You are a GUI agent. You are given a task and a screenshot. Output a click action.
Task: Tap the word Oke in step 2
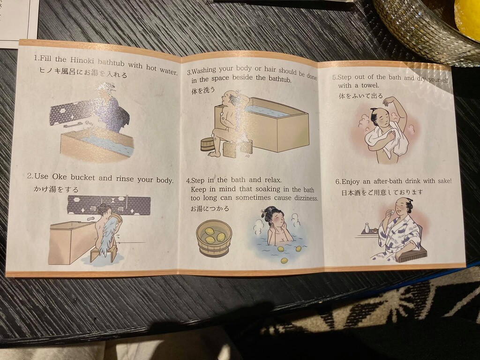[60, 176]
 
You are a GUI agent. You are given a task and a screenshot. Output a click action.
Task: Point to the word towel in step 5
[370, 85]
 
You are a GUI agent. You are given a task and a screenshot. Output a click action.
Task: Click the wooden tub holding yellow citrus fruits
[214, 238]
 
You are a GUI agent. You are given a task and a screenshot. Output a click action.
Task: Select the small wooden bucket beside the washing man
[207, 144]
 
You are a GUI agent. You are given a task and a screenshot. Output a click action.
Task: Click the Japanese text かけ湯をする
[56, 189]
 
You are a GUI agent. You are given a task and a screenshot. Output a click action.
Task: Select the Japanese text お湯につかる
[210, 209]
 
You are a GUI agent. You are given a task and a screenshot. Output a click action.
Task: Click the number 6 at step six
[337, 181]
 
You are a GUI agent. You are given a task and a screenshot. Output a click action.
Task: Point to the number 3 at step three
[189, 72]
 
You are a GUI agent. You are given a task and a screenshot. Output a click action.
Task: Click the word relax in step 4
[273, 180]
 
